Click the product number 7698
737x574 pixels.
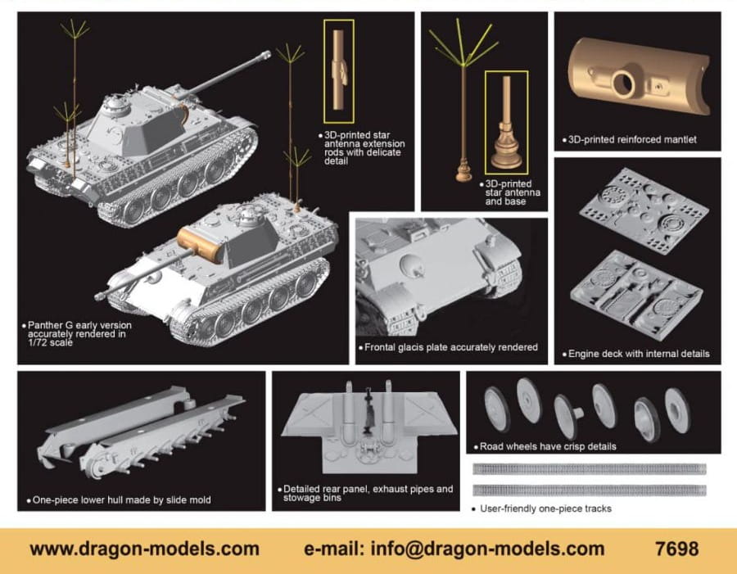coord(676,549)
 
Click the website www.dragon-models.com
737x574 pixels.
coord(144,549)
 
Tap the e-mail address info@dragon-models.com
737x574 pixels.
coord(487,549)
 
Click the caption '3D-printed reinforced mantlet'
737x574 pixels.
coord(632,140)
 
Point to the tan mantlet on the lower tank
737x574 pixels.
coord(199,245)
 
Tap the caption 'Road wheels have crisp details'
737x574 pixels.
coord(548,446)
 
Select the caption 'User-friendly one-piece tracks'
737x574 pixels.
coord(545,508)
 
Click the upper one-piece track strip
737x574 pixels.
coord(590,468)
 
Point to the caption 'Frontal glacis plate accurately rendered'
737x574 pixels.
coord(450,347)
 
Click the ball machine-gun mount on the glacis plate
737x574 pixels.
coord(412,265)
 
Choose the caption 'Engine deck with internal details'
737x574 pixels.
coord(639,354)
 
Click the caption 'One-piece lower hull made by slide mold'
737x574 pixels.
coord(122,499)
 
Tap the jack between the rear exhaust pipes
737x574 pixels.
coord(368,409)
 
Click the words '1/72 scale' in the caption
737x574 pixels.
coord(50,343)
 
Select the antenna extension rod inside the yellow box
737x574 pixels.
coord(339,70)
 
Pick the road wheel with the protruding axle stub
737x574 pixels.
coord(567,415)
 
